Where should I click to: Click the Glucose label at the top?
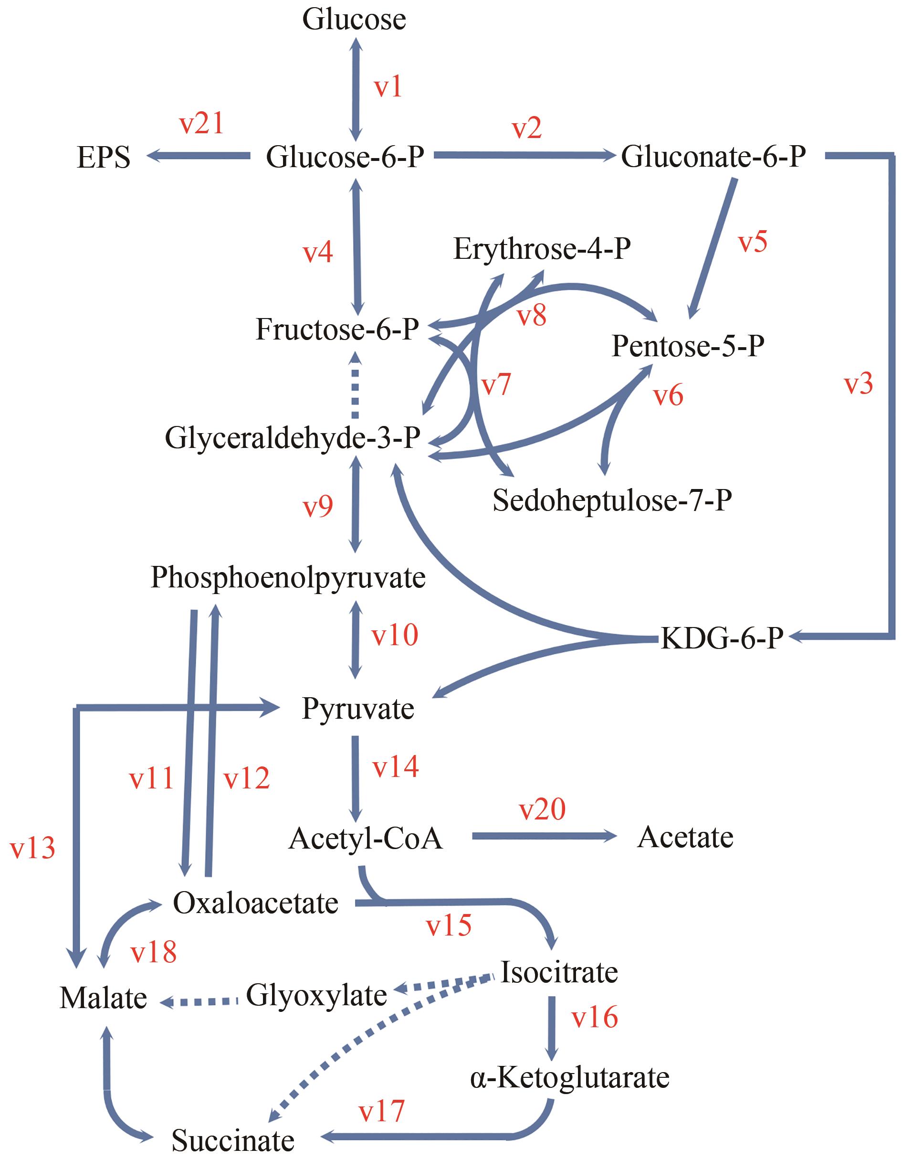click(x=354, y=20)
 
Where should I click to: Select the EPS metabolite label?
click(x=104, y=158)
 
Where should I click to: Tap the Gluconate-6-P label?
click(x=713, y=157)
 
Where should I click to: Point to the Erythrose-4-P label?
click(x=542, y=249)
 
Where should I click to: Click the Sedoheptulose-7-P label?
click(x=612, y=500)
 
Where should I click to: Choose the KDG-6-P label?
click(x=722, y=638)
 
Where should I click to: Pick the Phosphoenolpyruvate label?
click(x=288, y=578)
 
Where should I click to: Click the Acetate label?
click(x=685, y=838)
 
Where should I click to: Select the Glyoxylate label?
click(x=316, y=996)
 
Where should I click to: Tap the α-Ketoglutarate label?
click(x=570, y=1077)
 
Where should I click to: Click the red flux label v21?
click(x=201, y=124)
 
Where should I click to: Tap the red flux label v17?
click(x=382, y=1111)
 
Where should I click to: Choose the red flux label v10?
click(x=395, y=635)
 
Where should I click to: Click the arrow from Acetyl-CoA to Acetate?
click(x=544, y=837)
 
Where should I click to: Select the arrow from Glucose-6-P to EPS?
click(x=199, y=156)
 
